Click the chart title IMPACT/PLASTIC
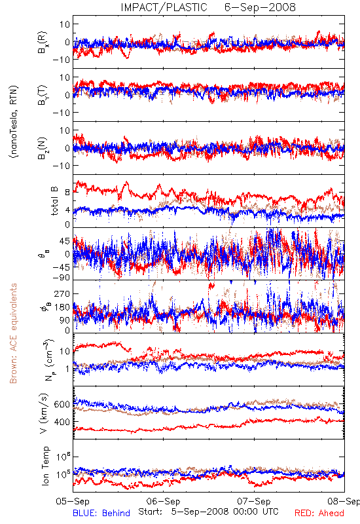pos(164,7)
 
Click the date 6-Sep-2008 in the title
pos(260,7)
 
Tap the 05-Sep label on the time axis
pos(73,501)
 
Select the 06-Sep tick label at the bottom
pos(163,501)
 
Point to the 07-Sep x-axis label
pos(254,501)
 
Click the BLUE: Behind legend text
pos(101,513)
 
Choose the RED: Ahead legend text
pos(319,513)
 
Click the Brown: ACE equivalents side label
pos(13,333)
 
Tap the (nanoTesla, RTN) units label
pos(14,122)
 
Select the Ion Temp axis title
pos(45,466)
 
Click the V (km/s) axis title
pos(44,413)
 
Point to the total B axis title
pos(54,201)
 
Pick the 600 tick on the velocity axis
pos(62,404)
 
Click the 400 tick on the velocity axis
pos(62,422)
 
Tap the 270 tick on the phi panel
pos(62,293)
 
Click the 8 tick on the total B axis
pos(67,193)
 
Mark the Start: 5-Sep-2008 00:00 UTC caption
pos(208,512)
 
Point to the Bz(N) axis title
pos(43,148)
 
